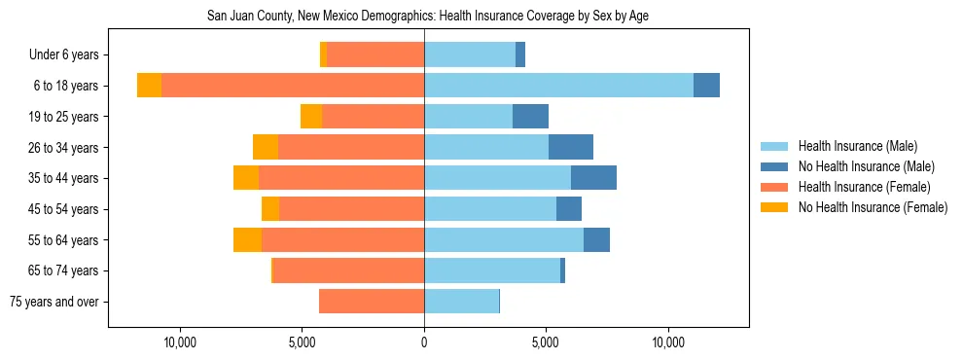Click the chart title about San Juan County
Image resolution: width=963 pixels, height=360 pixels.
(428, 17)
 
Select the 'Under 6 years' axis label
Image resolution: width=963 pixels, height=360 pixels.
(70, 55)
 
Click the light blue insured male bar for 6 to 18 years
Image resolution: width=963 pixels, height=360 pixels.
(558, 86)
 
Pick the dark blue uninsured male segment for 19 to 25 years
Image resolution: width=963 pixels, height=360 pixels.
(530, 117)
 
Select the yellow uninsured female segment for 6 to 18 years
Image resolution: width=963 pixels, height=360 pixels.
(149, 86)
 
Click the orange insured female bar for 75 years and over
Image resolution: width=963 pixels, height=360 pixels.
(372, 302)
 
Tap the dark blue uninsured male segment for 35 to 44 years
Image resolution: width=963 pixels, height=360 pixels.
(593, 178)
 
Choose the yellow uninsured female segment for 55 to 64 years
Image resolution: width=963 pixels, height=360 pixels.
(247, 240)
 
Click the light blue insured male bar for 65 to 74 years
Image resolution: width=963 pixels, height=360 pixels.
(492, 270)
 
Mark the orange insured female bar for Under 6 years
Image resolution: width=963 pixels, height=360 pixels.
(375, 55)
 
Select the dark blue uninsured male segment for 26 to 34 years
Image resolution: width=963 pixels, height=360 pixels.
(571, 147)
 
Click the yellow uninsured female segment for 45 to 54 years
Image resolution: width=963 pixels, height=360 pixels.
(270, 209)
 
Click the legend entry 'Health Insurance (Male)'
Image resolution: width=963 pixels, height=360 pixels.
(857, 146)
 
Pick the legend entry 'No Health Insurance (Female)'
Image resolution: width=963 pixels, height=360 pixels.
(873, 207)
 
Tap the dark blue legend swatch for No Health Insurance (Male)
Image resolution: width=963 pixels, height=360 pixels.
(774, 166)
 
